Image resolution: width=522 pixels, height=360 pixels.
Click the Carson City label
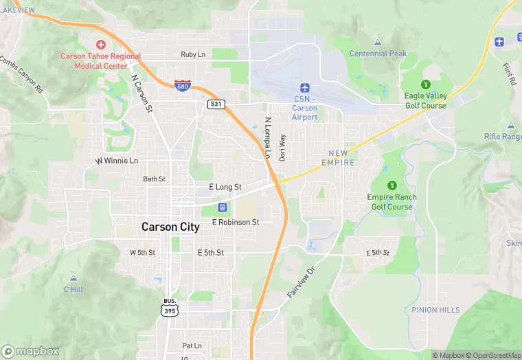click(x=170, y=227)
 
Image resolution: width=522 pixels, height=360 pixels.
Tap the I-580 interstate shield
click(x=183, y=85)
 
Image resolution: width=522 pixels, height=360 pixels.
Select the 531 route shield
click(x=216, y=103)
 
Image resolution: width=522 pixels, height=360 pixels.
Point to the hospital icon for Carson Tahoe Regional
click(x=101, y=45)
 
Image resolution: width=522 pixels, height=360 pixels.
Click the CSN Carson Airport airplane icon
click(x=305, y=88)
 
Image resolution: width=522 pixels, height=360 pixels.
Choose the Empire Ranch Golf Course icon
click(x=391, y=185)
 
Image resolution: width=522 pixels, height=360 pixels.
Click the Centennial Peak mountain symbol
click(x=378, y=43)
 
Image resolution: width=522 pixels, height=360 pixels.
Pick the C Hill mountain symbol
click(x=73, y=278)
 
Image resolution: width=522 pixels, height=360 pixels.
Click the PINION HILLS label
click(x=435, y=310)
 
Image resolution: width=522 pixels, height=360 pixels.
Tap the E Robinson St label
click(x=236, y=222)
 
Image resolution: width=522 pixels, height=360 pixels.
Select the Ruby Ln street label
click(x=193, y=54)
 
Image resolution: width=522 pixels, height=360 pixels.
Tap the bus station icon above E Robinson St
click(x=223, y=207)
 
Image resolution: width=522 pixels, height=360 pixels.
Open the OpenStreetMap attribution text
click(x=495, y=355)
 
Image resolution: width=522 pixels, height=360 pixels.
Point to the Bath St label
click(x=154, y=179)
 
